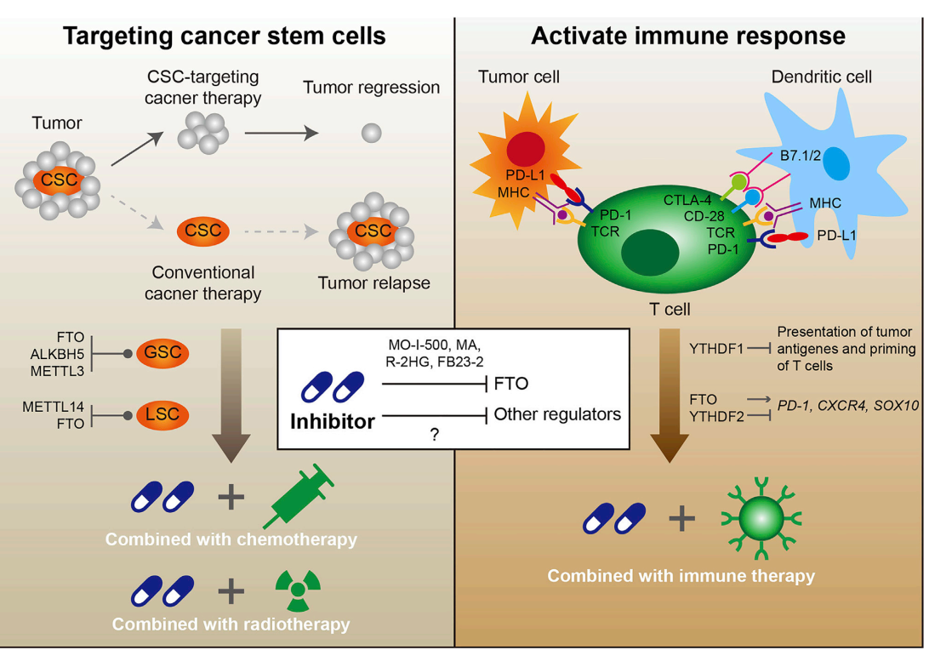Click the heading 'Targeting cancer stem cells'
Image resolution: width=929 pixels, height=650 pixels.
225,36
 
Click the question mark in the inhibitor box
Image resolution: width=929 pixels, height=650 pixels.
434,434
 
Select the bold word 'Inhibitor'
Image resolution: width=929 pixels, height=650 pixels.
333,420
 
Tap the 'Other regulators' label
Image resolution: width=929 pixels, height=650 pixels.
557,414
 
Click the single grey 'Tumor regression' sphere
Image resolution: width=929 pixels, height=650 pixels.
371,133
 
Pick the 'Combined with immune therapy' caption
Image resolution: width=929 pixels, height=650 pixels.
681,576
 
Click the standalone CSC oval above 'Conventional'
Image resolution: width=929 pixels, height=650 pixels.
203,230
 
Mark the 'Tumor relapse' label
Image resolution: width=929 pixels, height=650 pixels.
373,282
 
